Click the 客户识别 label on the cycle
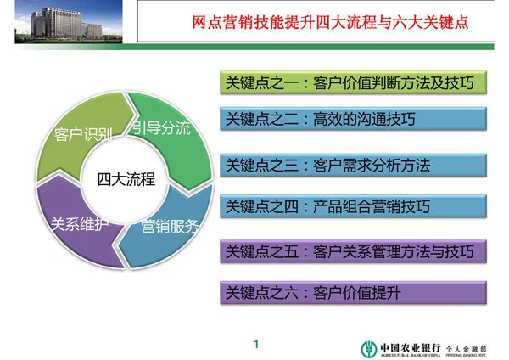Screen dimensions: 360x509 click(78, 135)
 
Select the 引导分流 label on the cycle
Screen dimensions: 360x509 click(161, 128)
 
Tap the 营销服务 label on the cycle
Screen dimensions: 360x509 click(170, 226)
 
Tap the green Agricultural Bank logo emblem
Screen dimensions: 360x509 click(366, 347)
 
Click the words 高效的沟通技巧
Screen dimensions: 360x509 click(374, 120)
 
